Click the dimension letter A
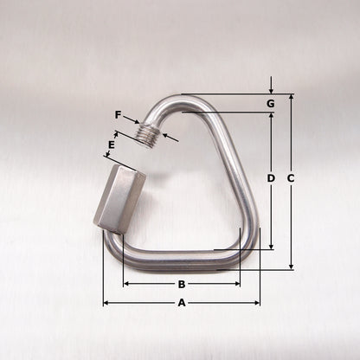tap(181, 303)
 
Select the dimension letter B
tap(181, 284)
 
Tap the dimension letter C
tap(291, 178)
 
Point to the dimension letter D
tap(271, 178)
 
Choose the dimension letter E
tap(112, 145)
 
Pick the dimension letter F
tap(118, 113)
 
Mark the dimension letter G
tap(271, 104)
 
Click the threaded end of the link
tap(150, 135)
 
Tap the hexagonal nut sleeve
tap(119, 199)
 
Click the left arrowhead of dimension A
tap(106, 303)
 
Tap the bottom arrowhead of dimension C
tap(291, 267)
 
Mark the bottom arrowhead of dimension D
tap(271, 247)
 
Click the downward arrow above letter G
tap(271, 89)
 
